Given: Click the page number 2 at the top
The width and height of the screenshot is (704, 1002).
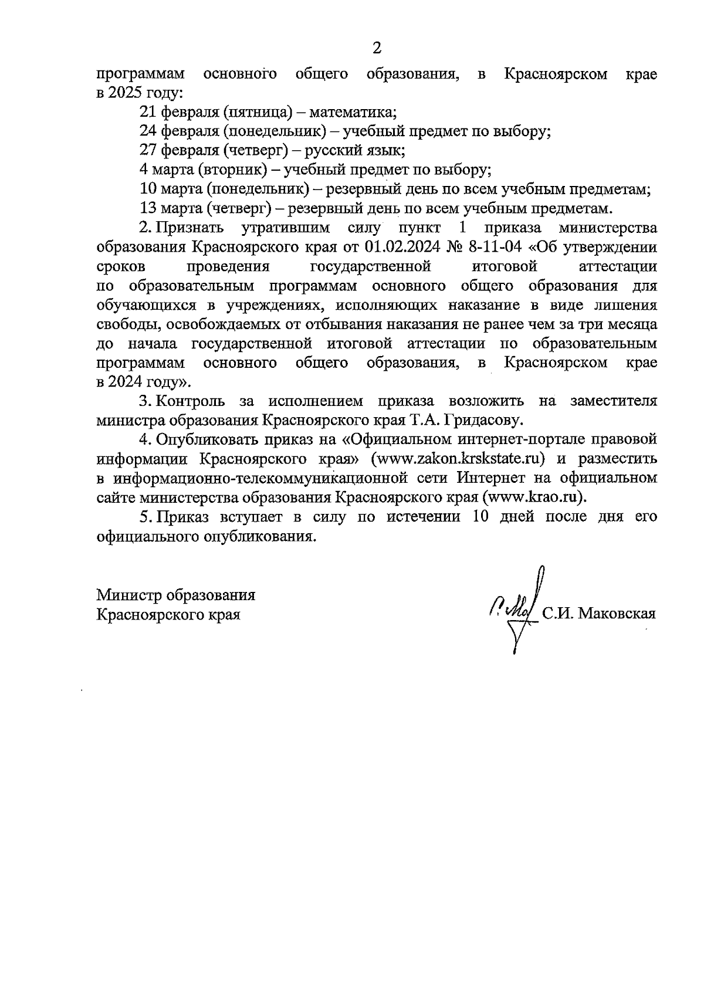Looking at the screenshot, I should pyautogui.click(x=377, y=48).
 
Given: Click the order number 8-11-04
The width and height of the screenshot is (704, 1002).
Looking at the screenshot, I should pyautogui.click(x=495, y=247).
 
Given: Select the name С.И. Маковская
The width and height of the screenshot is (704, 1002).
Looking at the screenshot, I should pyautogui.click(x=598, y=614).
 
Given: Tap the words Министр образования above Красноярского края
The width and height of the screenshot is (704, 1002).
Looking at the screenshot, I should pyautogui.click(x=176, y=595).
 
